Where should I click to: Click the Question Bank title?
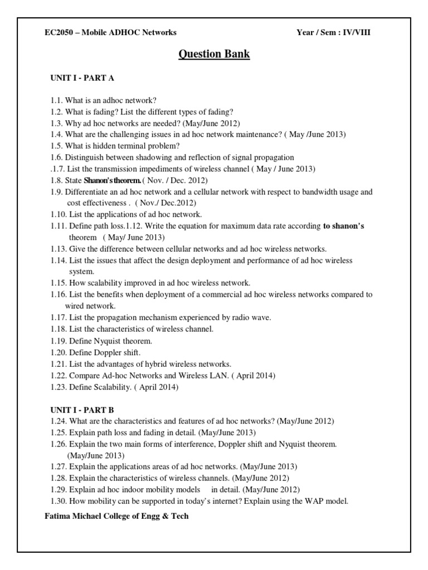pyautogui.click(x=214, y=54)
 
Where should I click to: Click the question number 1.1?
pyautogui.click(x=55, y=100)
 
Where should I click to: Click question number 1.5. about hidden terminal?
pyautogui.click(x=55, y=146)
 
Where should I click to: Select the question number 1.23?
pyautogui.click(x=57, y=387)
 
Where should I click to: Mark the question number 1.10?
pyautogui.click(x=57, y=214)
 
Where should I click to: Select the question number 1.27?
pyautogui.click(x=57, y=466)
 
